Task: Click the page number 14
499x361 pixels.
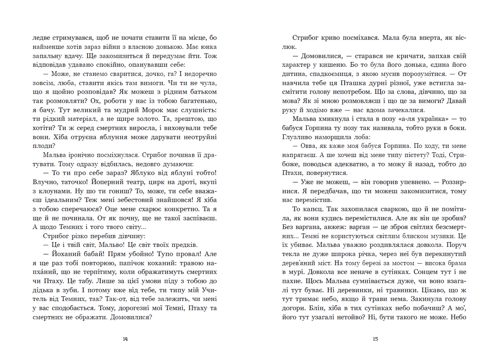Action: pos(125,339)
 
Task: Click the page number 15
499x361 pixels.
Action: pos(375,339)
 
